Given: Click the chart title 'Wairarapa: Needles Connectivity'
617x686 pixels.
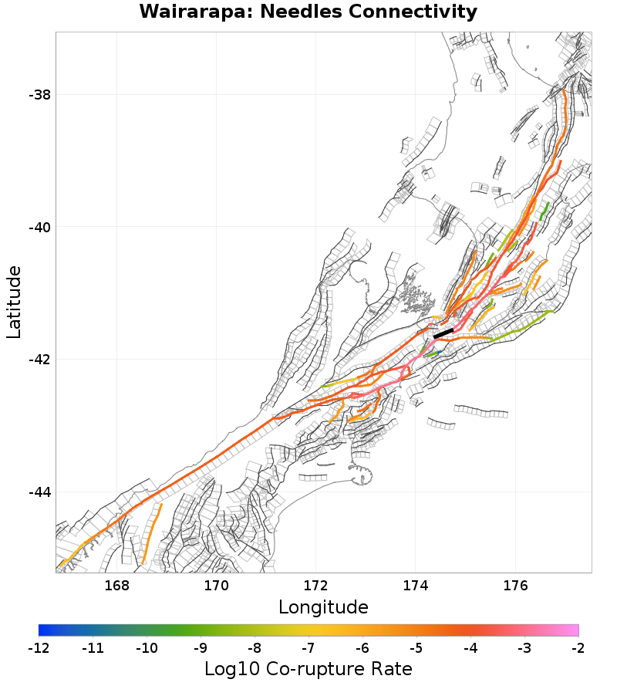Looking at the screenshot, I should [308, 12].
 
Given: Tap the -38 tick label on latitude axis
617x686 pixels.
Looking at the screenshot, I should [39, 95].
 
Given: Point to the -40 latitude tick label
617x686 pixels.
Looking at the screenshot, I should [39, 228].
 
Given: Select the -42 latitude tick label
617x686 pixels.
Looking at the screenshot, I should [39, 360].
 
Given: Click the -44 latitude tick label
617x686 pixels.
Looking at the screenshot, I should [39, 493].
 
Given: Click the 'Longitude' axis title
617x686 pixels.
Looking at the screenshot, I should [323, 607].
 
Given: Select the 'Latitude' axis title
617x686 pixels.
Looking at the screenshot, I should [14, 302].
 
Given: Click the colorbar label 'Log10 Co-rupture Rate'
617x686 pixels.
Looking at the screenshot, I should [308, 668].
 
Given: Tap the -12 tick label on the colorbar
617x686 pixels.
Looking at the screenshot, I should [39, 647].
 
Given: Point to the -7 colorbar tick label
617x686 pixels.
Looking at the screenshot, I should [308, 647].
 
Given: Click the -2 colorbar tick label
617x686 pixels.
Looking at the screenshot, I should [578, 647].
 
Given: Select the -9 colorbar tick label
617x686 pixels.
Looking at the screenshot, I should [201, 647].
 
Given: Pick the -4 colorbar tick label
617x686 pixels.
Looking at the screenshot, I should [470, 647].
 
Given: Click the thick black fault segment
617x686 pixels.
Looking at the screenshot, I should [443, 333].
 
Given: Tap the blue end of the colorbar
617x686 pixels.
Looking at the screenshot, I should [42, 630].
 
